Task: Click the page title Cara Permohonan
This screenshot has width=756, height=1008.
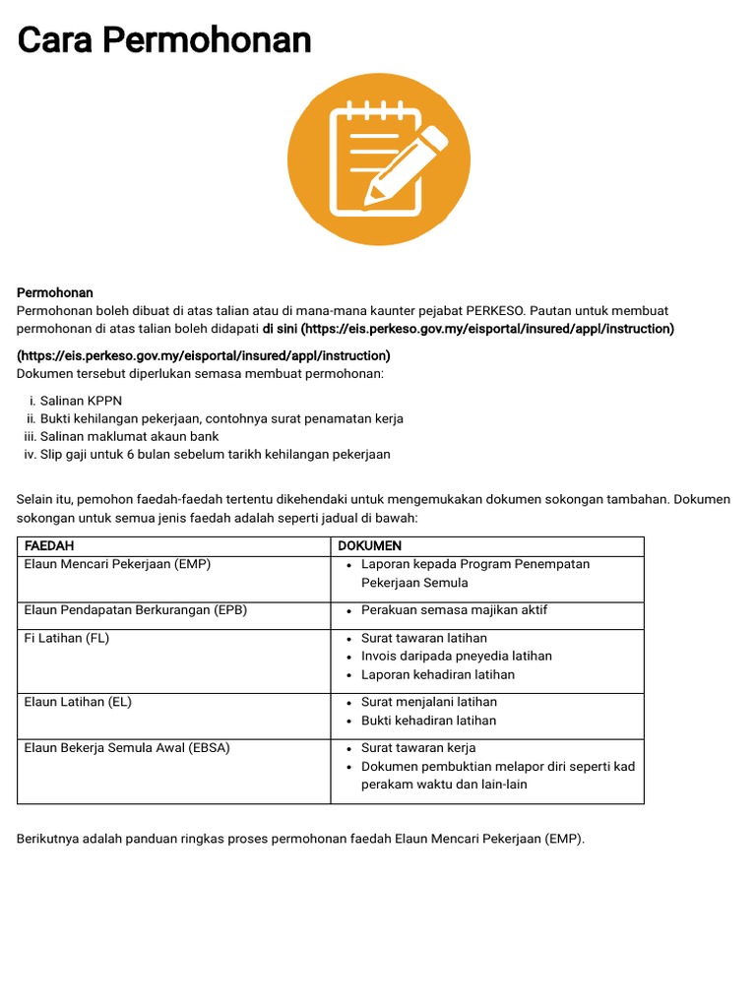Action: pyautogui.click(x=164, y=40)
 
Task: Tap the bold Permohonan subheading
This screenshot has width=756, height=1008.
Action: pyautogui.click(x=55, y=292)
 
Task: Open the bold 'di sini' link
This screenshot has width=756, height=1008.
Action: pyautogui.click(x=281, y=329)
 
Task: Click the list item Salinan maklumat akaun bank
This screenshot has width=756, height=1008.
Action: pyautogui.click(x=129, y=436)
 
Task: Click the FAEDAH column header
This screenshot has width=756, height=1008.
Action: pyautogui.click(x=49, y=545)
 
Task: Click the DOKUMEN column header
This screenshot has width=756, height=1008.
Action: pyautogui.click(x=369, y=545)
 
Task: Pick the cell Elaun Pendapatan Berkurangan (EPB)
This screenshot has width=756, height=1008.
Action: pyautogui.click(x=135, y=609)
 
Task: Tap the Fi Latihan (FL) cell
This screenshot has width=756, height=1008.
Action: pyautogui.click(x=67, y=638)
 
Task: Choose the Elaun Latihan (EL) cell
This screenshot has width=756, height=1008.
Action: pyautogui.click(x=78, y=702)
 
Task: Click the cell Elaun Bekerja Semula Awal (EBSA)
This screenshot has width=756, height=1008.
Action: pyautogui.click(x=127, y=747)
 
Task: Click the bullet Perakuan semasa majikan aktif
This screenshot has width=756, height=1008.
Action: pyautogui.click(x=454, y=609)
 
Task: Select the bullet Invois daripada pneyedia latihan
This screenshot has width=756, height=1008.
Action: pyautogui.click(x=456, y=656)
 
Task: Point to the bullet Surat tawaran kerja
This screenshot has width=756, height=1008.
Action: pyautogui.click(x=418, y=747)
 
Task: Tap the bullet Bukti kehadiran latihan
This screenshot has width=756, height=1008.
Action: pyautogui.click(x=428, y=720)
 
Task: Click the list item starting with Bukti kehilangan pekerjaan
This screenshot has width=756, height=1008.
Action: pyautogui.click(x=221, y=418)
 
